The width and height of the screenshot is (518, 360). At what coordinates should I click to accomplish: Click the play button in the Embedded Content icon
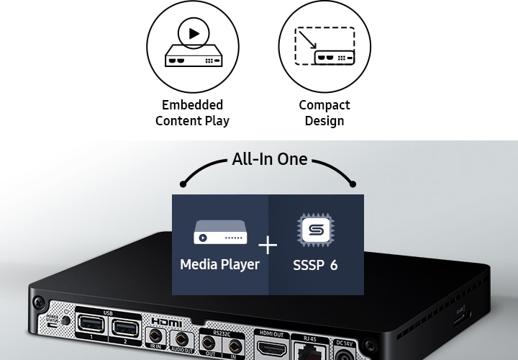point(194,33)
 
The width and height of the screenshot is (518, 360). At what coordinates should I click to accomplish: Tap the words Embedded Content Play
point(192,113)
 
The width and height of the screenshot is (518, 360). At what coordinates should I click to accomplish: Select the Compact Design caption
point(324,113)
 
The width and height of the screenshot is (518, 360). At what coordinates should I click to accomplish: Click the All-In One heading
point(269,159)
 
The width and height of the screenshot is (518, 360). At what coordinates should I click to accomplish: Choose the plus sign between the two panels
point(268,246)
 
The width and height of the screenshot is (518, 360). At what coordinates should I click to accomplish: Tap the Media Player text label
point(219,264)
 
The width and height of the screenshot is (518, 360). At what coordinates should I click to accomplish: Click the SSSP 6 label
point(315,265)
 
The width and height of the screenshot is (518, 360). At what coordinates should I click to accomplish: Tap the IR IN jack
point(154,336)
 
